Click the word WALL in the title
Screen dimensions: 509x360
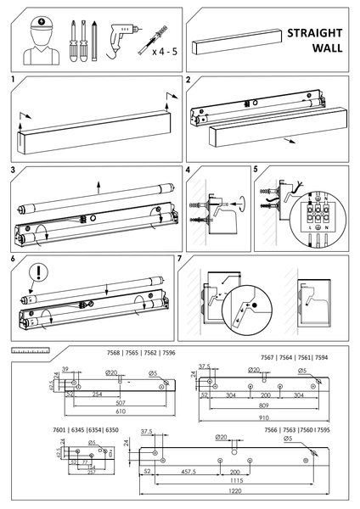pyautogui.click(x=326, y=48)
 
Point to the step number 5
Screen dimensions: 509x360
pyautogui.click(x=256, y=170)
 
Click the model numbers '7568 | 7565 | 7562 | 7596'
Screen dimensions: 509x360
pyautogui.click(x=125, y=354)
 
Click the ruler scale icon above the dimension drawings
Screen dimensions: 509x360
pyautogui.click(x=31, y=350)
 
